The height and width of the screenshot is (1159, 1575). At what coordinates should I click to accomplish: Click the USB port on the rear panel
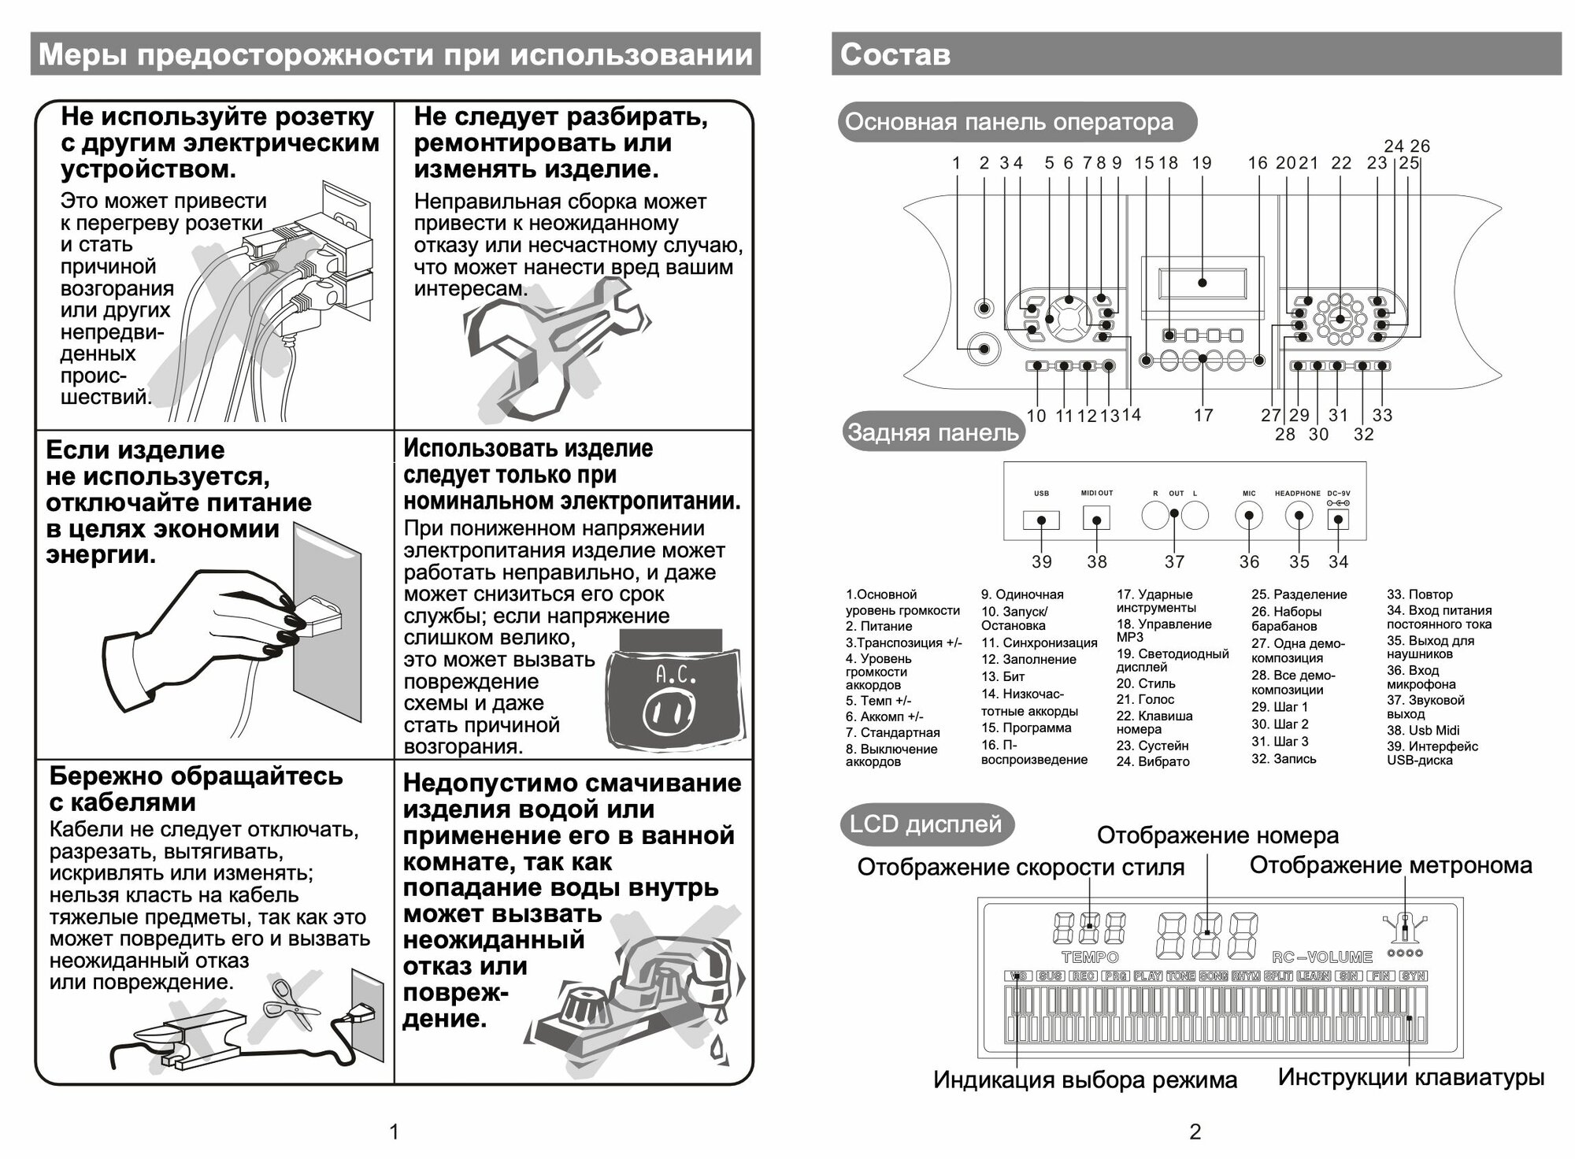click(x=1041, y=520)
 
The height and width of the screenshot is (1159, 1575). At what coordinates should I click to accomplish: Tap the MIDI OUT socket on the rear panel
click(x=1096, y=517)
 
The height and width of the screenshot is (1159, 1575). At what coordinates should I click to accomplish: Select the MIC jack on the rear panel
click(x=1249, y=517)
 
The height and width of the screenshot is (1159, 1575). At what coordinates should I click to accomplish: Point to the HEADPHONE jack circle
click(x=1299, y=517)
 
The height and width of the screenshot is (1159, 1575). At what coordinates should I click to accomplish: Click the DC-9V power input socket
click(x=1338, y=519)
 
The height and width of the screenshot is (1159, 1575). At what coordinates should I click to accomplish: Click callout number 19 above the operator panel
click(x=1201, y=163)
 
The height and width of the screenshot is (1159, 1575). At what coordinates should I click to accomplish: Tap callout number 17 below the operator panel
click(x=1203, y=415)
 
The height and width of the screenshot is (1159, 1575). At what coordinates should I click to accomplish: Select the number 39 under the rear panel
click(x=1041, y=561)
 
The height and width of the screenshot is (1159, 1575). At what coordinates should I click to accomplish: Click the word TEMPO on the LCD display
click(x=1090, y=957)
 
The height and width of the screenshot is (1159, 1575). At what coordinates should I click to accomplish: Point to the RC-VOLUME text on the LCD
click(x=1322, y=957)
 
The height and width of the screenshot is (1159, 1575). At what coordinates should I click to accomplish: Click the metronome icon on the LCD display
click(x=1404, y=929)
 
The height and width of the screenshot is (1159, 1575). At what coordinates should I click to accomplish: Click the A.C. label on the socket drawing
click(x=675, y=676)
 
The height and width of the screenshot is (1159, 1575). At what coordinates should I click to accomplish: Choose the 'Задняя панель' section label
click(x=932, y=432)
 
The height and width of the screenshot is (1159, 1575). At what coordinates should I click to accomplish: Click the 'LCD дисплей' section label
click(x=925, y=824)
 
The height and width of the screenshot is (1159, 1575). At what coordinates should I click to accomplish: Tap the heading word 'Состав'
click(x=895, y=54)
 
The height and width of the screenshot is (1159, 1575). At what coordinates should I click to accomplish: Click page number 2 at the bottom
click(x=1195, y=1132)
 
